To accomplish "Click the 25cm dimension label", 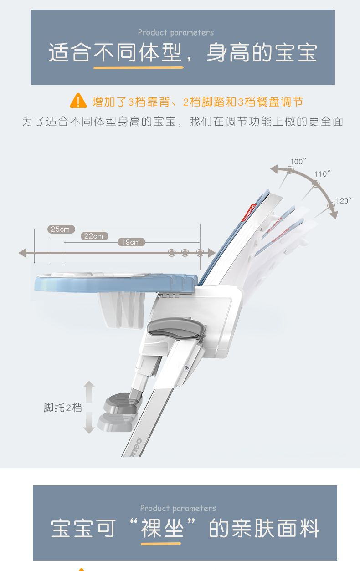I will point(61,229).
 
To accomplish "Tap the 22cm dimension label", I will point(94,236).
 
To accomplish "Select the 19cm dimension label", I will point(131,242).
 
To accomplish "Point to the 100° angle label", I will point(298,162).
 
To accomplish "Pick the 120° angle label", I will point(344,201).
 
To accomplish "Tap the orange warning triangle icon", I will point(78,101).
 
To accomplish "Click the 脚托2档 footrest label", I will point(63,408).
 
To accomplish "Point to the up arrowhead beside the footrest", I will point(89,385).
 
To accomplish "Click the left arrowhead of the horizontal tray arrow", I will point(22,253).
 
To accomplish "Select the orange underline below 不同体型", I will point(139,68).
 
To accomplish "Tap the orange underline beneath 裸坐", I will point(161,543).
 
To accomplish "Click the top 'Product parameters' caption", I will point(176,32).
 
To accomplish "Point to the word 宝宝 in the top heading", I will point(296,53).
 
